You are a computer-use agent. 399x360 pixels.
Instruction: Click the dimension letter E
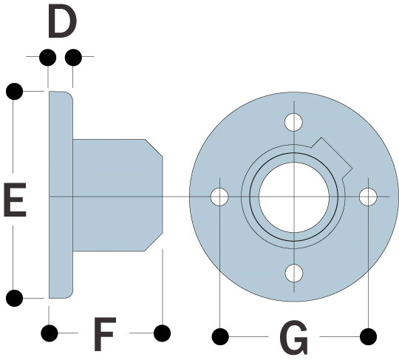pos(15,200)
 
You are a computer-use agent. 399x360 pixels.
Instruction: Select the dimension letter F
pos(105,334)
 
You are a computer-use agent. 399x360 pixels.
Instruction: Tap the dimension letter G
pos(294,337)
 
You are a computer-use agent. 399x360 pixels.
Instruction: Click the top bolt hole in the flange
pos(293,122)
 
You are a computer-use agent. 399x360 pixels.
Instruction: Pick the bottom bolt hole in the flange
pos(294,274)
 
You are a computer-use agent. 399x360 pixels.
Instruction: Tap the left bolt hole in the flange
pos(219,197)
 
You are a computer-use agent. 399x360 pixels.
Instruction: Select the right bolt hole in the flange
pos(368,197)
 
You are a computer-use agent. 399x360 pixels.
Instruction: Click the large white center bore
pos(294,197)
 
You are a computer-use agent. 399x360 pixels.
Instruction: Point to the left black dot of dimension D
pos(48,58)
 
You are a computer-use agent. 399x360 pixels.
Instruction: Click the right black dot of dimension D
pos(73,58)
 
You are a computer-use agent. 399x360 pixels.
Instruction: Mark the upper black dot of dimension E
pos(15,91)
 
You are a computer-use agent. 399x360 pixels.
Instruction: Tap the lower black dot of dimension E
pos(15,298)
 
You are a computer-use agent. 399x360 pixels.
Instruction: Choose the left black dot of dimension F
pos(50,333)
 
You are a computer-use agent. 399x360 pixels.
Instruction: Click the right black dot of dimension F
pos(163,333)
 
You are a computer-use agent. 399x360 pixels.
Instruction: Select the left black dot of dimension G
pos(220,336)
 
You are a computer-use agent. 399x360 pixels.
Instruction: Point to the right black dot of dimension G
pos(368,336)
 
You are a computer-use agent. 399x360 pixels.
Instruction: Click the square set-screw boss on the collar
pos(332,157)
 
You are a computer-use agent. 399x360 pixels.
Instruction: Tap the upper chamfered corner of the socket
pos(154,148)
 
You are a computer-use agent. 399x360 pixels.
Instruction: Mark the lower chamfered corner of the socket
pos(154,242)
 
